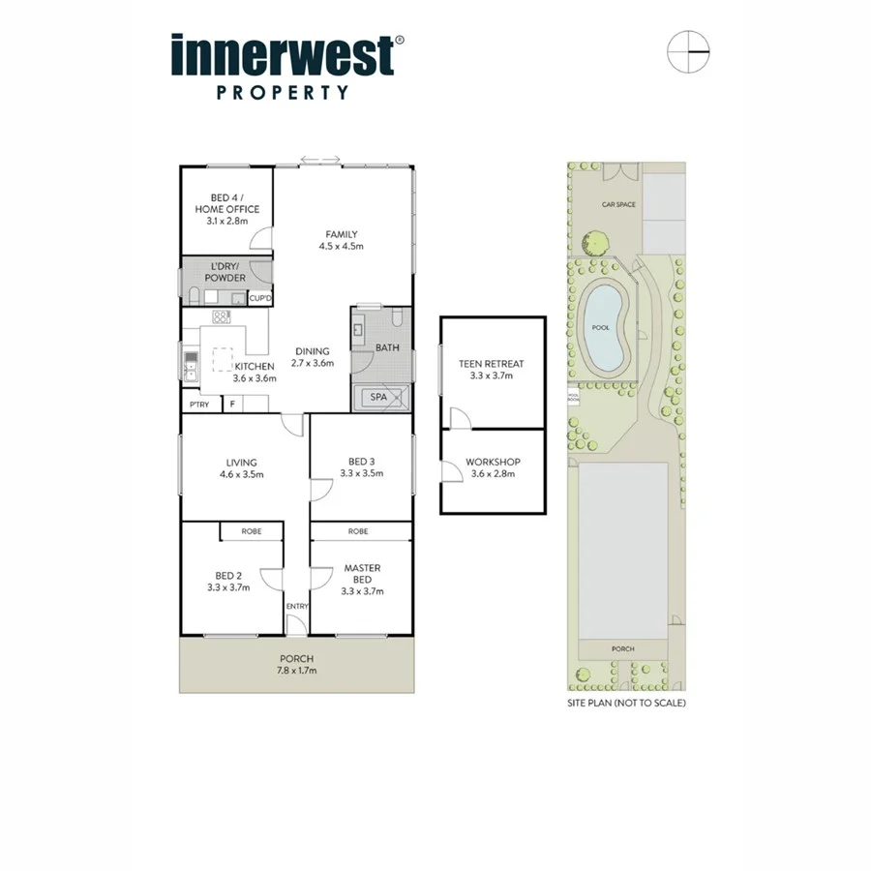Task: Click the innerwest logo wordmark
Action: pos(283,56)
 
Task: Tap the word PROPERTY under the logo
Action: pos(282,94)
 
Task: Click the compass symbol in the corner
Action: pos(688,51)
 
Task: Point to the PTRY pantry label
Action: pos(199,404)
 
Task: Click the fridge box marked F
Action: pos(232,404)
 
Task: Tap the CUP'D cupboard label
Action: pos(260,298)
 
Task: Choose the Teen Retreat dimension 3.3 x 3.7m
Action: pos(492,375)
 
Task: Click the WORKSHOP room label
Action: pos(493,462)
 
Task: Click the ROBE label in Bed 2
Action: pos(251,531)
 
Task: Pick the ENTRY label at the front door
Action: pos(296,607)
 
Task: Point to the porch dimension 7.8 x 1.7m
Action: pos(296,670)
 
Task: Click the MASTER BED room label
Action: pos(362,574)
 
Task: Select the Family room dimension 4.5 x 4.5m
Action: pos(341,246)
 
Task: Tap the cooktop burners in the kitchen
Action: pos(221,316)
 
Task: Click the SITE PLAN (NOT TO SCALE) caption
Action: pos(626,704)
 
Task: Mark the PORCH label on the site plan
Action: pos(622,648)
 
